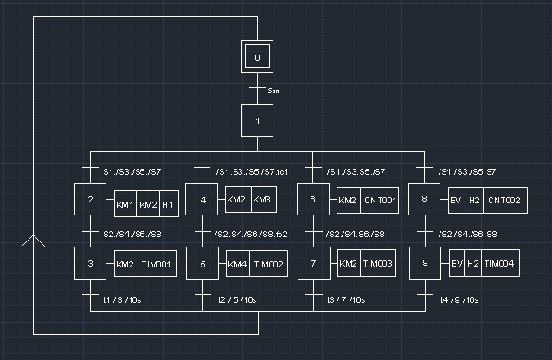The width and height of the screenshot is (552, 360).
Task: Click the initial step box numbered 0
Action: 257,59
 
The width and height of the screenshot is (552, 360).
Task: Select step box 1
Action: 257,120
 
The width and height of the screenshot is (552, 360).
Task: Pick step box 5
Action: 202,265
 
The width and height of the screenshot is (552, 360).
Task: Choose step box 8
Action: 424,201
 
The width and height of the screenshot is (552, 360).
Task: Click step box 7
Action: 313,265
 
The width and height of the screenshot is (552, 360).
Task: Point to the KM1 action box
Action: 125,205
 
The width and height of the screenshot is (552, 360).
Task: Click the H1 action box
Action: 168,205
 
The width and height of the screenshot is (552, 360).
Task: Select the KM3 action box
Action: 261,201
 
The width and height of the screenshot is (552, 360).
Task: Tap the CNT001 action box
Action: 380,202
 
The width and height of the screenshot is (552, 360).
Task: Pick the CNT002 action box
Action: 503,202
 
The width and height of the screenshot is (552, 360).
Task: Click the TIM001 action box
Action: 157,265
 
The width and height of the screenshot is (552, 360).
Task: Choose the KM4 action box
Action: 237,265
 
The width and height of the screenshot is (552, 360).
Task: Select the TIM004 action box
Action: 500,264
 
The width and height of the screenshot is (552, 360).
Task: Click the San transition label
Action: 273,90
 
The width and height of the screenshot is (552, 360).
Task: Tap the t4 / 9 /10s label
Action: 459,300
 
